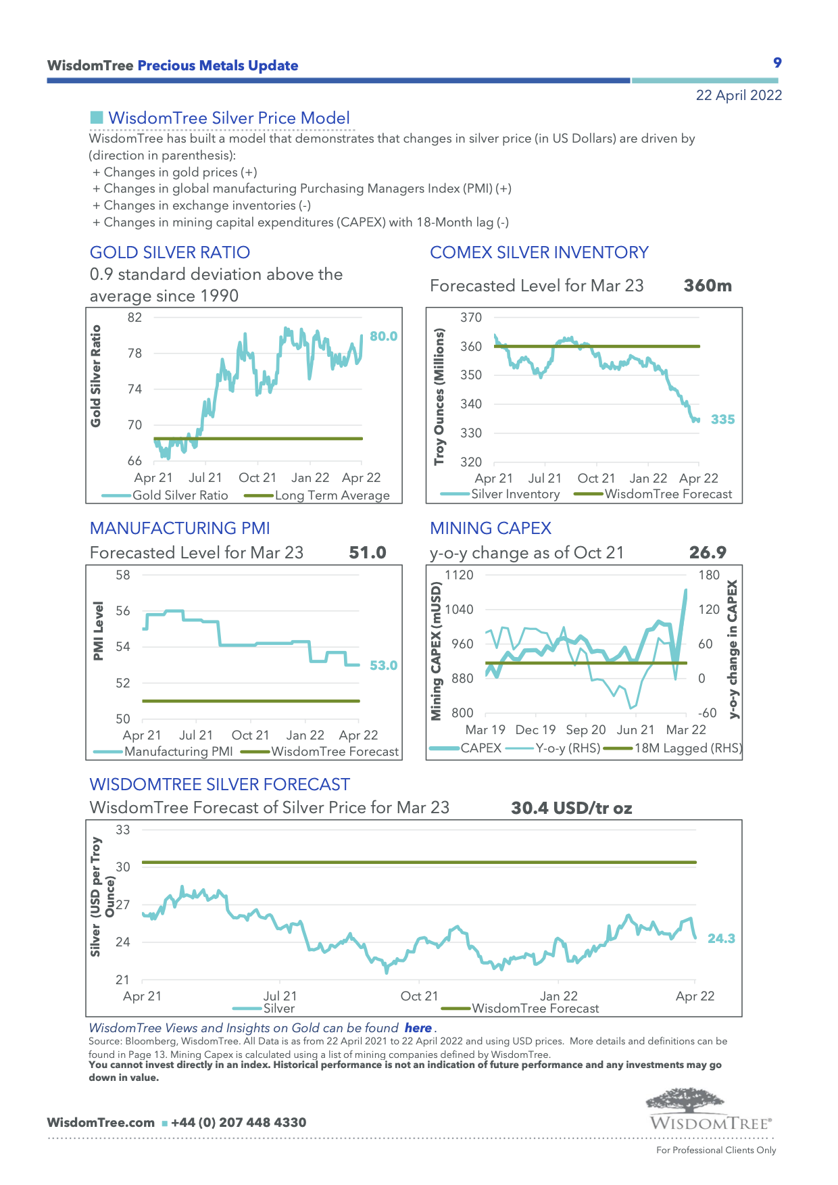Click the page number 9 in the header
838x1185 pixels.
coord(777,63)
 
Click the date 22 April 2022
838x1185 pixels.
coord(739,95)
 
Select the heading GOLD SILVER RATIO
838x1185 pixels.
coord(170,253)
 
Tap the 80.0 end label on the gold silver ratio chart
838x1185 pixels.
coord(383,336)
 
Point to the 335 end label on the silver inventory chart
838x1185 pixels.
coord(722,419)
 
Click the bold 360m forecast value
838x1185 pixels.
coord(708,286)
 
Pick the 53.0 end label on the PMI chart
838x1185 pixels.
coord(383,665)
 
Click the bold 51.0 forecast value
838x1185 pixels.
coord(368,553)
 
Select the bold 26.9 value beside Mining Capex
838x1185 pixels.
coord(708,553)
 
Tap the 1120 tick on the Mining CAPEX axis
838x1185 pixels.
coord(459,575)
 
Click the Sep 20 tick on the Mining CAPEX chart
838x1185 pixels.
coord(585,730)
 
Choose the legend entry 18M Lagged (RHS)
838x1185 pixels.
coord(687,748)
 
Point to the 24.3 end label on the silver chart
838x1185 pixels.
coord(721,938)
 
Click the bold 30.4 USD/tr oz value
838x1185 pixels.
coord(571,808)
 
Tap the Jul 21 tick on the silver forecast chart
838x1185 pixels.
coord(280,996)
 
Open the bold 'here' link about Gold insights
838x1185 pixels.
coord(418,1028)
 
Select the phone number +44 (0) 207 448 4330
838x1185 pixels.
coord(239,1123)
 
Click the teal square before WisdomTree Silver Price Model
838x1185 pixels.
coord(97,118)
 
